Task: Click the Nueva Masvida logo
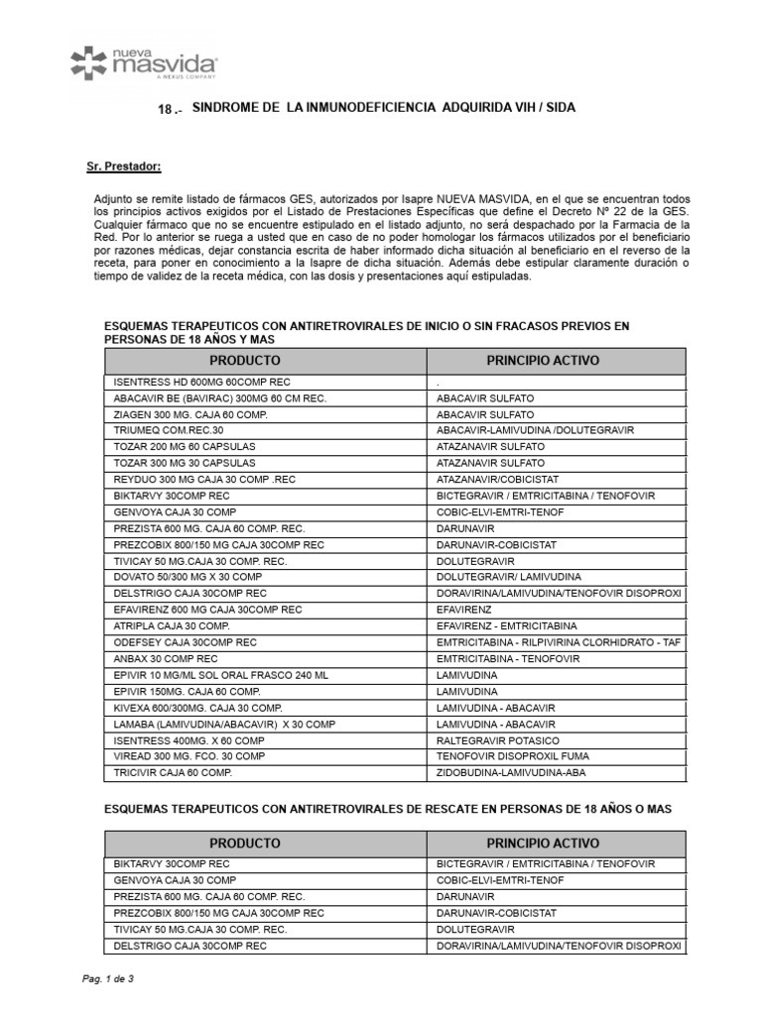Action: [144, 61]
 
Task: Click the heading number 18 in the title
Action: [170, 108]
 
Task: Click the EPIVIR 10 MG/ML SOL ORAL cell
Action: [220, 674]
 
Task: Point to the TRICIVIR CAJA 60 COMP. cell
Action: [174, 771]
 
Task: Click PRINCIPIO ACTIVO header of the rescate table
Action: [543, 843]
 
